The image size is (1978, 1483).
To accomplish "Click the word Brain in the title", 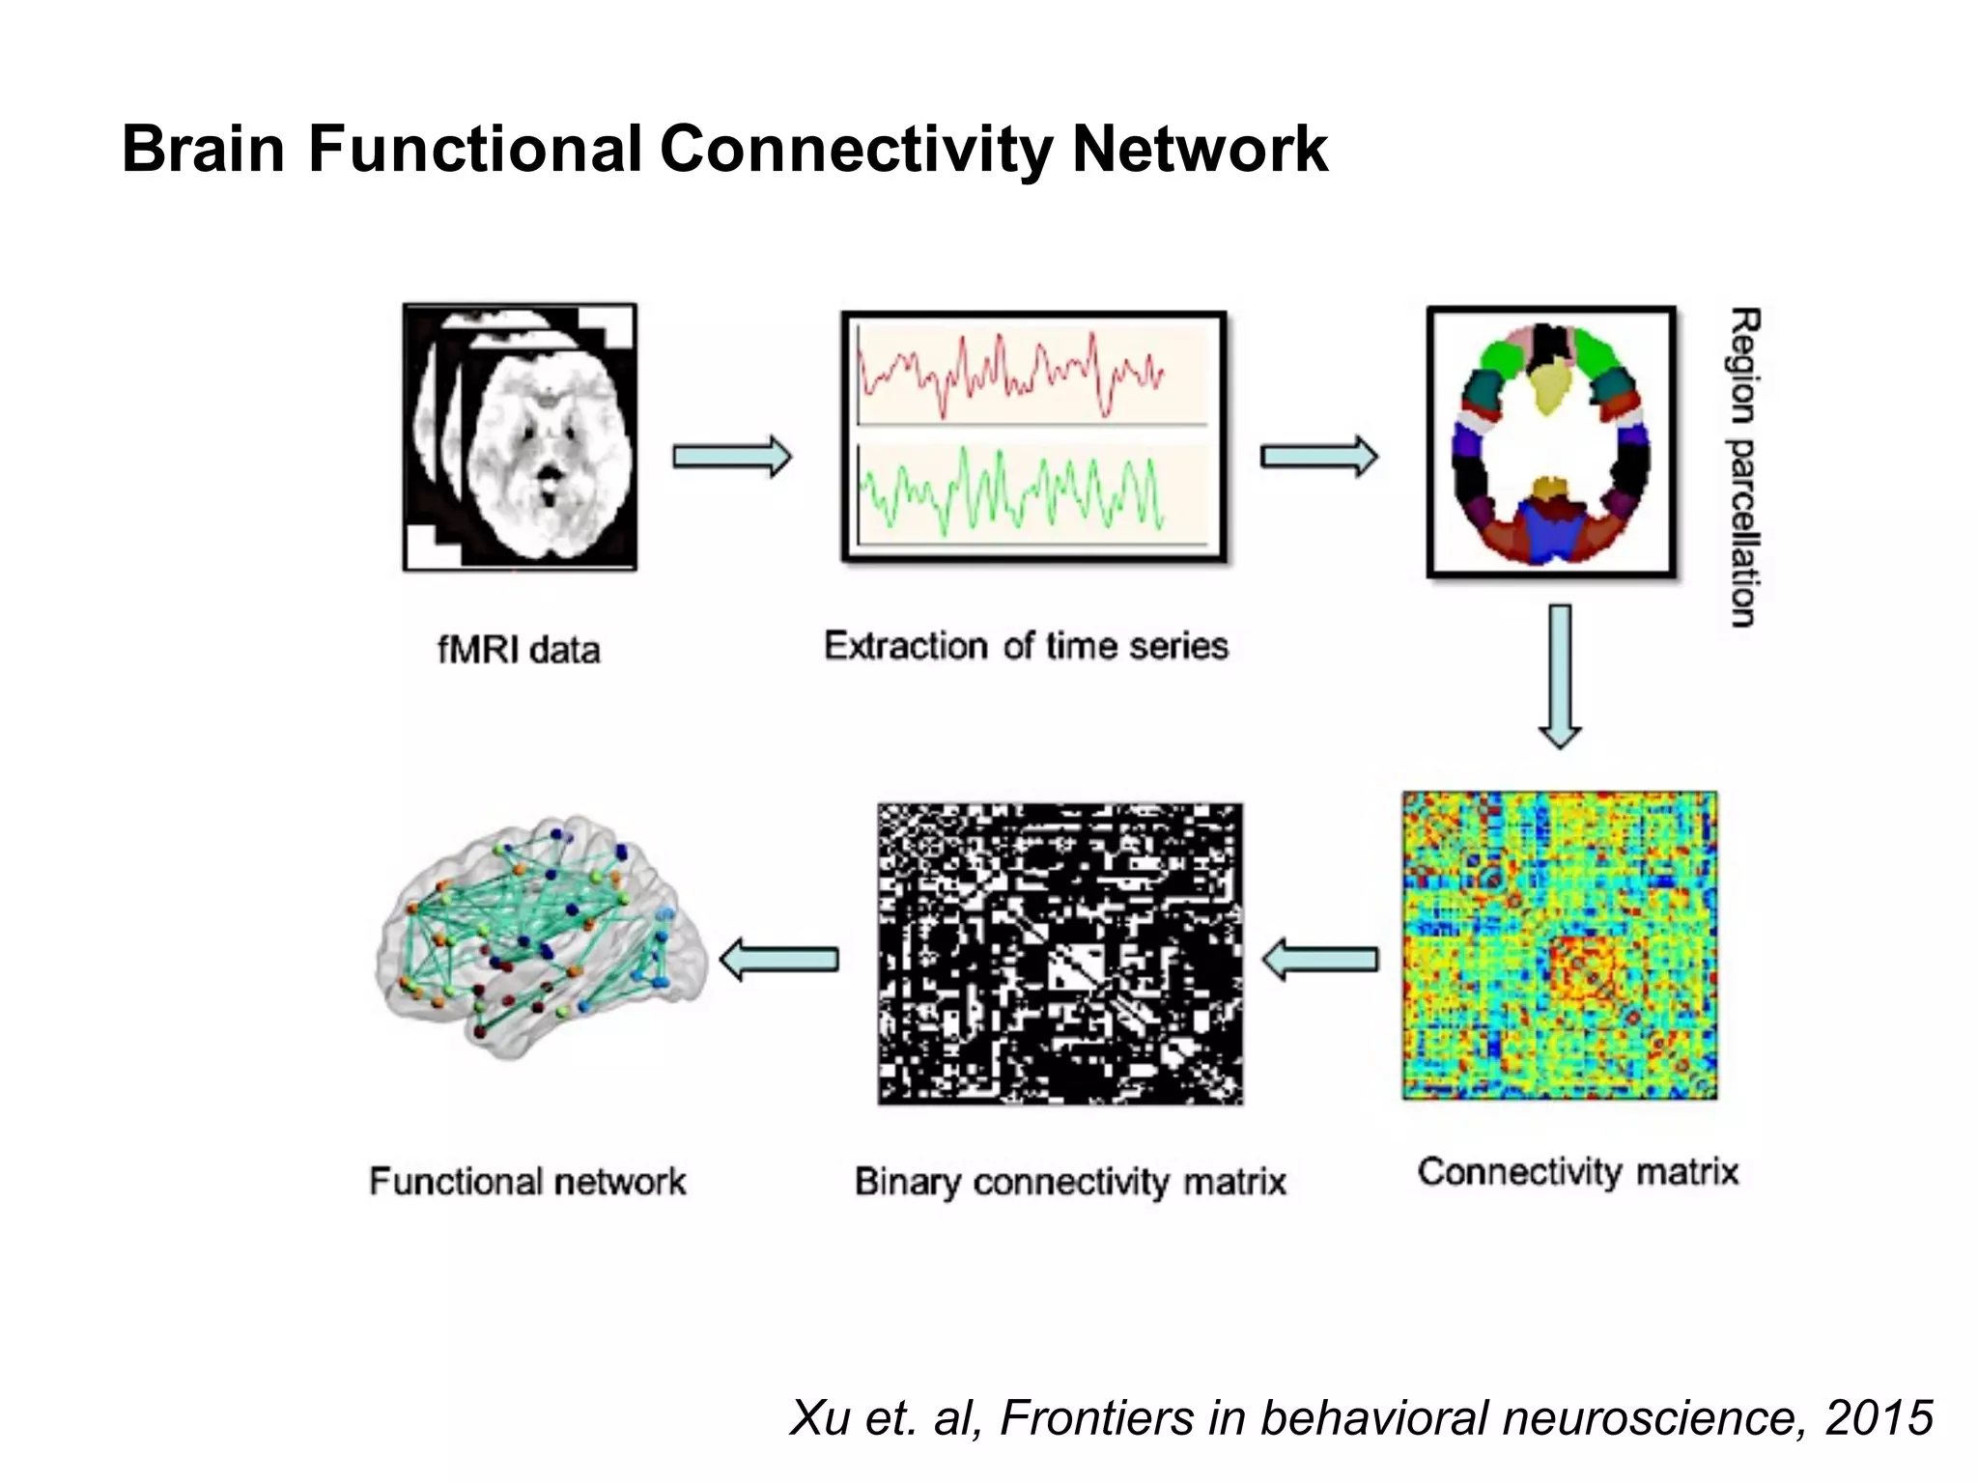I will pyautogui.click(x=203, y=150).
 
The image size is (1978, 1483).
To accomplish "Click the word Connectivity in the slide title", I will pyautogui.click(x=856, y=150).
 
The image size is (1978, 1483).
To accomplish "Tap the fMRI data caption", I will pyautogui.click(x=519, y=650).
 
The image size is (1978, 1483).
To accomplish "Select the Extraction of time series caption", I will pyautogui.click(x=1026, y=646).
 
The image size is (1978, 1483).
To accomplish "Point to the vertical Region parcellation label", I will pyautogui.click(x=1743, y=468).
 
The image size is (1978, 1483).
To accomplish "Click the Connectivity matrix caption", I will pyautogui.click(x=1578, y=1172).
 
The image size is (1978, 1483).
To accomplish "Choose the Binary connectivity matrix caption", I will pyautogui.click(x=1070, y=1182).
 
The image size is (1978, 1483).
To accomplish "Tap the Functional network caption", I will pyautogui.click(x=527, y=1182).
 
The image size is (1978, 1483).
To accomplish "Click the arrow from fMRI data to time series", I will pyautogui.click(x=732, y=457).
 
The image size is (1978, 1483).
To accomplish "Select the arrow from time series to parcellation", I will pyautogui.click(x=1319, y=457).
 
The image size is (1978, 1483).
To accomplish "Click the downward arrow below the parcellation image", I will pyautogui.click(x=1559, y=677).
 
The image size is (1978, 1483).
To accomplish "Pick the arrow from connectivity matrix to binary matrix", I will pyautogui.click(x=1320, y=959).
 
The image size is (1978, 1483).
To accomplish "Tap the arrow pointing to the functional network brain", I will pyautogui.click(x=779, y=960).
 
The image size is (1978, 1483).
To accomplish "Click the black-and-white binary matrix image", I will pyautogui.click(x=1060, y=954).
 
